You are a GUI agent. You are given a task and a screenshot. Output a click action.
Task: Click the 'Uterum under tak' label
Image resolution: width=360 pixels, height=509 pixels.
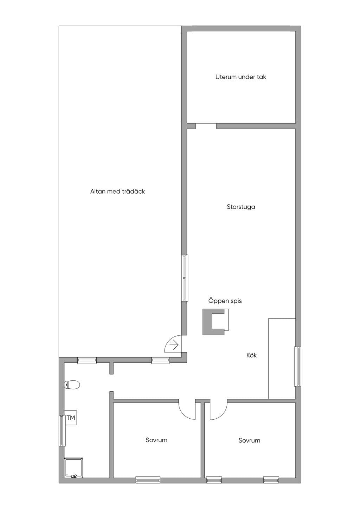240,77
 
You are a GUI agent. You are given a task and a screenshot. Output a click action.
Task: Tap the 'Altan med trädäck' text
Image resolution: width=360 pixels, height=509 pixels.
117,191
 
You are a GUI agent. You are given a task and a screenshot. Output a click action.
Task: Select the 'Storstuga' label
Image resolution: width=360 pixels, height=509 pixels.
241,207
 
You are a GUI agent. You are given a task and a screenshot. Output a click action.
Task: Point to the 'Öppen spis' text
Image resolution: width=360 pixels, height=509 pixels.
225,301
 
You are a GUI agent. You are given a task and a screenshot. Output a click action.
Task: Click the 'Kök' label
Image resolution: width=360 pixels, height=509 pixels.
251,355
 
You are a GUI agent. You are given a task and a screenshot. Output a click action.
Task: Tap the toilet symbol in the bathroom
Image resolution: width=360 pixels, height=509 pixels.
72,385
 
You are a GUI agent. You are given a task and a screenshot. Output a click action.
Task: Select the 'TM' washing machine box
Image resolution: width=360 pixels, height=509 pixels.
70,418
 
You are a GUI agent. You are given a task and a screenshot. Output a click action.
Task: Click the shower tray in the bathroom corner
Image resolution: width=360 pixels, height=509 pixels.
73,468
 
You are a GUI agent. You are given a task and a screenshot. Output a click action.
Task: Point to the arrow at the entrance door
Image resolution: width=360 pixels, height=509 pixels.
174,345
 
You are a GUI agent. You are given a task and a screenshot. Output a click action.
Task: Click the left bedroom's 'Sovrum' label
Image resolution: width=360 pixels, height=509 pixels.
156,440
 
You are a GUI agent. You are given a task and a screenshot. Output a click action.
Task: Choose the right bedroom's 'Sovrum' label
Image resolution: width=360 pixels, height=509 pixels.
249,440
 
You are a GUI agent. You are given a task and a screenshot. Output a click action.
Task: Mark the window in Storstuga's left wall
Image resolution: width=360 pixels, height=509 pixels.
185,278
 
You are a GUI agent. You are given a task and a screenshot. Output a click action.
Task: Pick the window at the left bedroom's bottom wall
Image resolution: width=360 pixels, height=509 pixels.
148,480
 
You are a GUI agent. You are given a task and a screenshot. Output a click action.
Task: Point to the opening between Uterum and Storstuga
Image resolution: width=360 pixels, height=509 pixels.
206,126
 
